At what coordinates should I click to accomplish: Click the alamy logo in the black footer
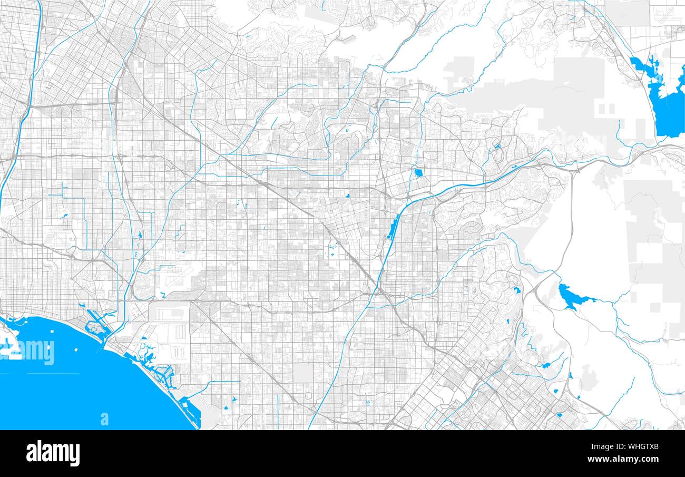pyautogui.click(x=53, y=453)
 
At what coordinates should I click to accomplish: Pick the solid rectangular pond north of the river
pyautogui.click(x=418, y=173)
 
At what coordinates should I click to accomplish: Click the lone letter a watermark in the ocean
pyautogui.click(x=104, y=419)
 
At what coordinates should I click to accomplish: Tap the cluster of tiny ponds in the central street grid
pyautogui.click(x=333, y=248)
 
